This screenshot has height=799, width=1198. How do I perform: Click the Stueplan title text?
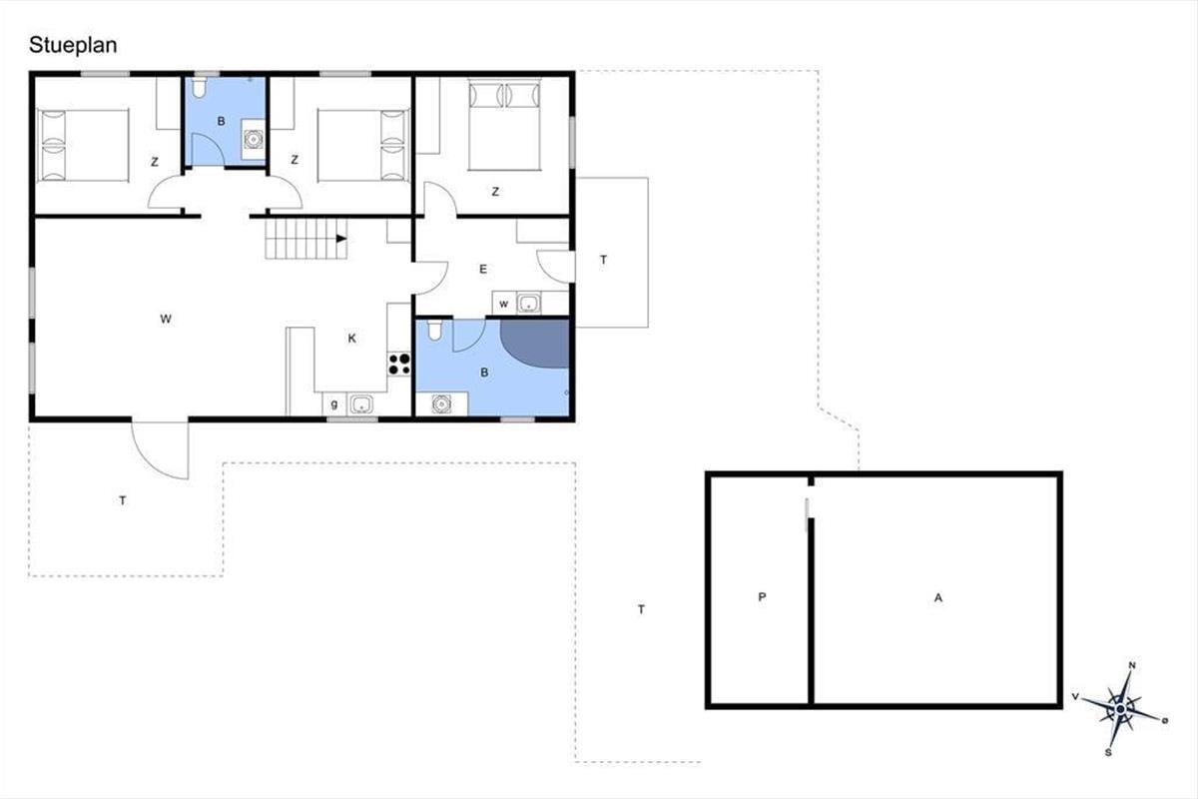pyautogui.click(x=73, y=46)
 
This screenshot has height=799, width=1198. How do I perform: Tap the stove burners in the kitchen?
pyautogui.click(x=399, y=364)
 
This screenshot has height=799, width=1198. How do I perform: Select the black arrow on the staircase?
pyautogui.click(x=341, y=239)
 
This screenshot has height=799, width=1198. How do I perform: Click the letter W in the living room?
pyautogui.click(x=166, y=320)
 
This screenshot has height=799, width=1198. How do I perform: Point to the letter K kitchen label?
pyautogui.click(x=351, y=339)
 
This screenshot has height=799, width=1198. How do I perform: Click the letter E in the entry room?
pyautogui.click(x=483, y=270)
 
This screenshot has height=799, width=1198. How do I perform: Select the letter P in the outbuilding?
pyautogui.click(x=762, y=596)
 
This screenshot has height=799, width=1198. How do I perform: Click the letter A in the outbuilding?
pyautogui.click(x=938, y=598)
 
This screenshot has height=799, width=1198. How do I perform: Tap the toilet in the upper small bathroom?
pyautogui.click(x=199, y=88)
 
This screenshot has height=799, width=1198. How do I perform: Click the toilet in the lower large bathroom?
pyautogui.click(x=434, y=330)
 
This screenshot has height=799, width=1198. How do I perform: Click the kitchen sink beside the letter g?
pyautogui.click(x=361, y=404)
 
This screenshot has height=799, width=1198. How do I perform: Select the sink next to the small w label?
pyautogui.click(x=529, y=304)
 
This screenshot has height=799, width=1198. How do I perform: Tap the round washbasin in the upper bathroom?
pyautogui.click(x=254, y=139)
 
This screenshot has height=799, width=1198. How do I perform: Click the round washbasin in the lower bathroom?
pyautogui.click(x=441, y=404)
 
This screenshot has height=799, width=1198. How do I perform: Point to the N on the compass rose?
pyautogui.click(x=1132, y=666)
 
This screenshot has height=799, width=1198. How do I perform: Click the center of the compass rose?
pyautogui.click(x=1120, y=710)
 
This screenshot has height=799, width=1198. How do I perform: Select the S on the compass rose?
pyautogui.click(x=1108, y=752)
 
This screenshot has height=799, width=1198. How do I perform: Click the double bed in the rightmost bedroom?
pyautogui.click(x=504, y=125)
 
